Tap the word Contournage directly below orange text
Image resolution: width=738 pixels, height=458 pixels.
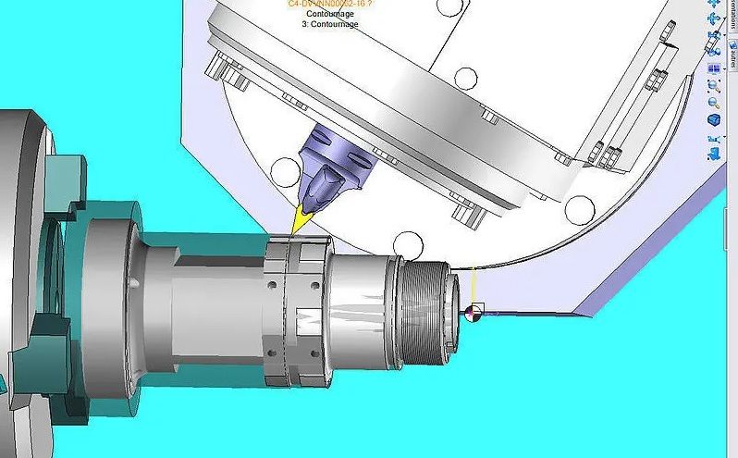click(331, 14)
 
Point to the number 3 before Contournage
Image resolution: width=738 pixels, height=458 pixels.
click(304, 24)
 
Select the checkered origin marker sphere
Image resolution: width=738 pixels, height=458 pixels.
click(476, 312)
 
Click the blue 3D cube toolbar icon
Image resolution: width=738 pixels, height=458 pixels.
click(714, 120)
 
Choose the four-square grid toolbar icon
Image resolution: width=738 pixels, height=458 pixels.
click(714, 68)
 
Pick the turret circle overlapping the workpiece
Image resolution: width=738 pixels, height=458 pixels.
click(408, 245)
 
